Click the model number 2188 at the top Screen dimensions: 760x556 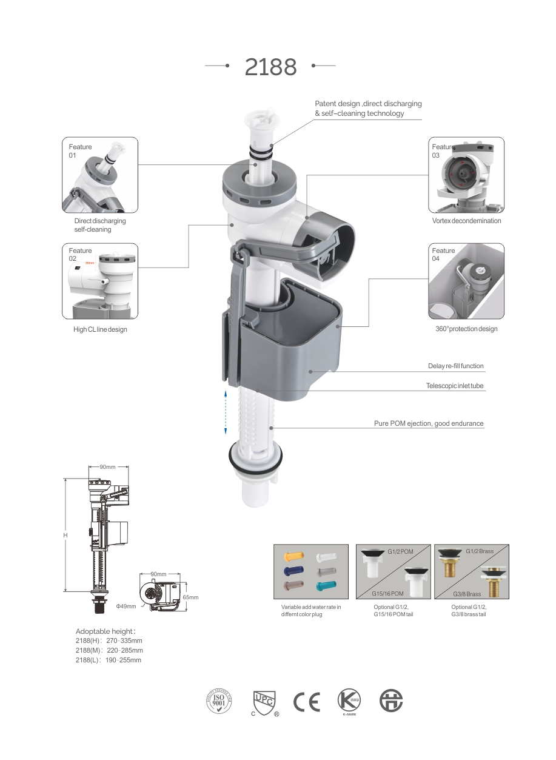coord(270,67)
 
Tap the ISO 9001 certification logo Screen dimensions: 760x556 coord(219,701)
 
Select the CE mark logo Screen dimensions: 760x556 coord(307,702)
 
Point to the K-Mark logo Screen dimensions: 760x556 coord(349,700)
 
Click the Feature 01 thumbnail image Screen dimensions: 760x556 coord(100,175)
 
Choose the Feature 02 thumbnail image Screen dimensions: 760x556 coord(100,281)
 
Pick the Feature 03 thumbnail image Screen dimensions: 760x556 coord(466,175)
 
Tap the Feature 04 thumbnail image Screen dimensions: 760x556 coord(466,281)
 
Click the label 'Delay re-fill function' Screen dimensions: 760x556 coord(456,366)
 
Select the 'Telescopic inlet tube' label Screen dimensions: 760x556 coord(455,386)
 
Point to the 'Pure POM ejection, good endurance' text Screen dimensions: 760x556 coord(429,423)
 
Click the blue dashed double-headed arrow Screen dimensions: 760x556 coord(226,412)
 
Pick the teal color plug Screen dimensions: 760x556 coord(326,586)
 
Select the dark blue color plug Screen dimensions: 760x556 coord(293,571)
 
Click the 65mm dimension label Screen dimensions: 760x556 coord(190,597)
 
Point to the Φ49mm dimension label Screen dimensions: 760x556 coord(126,606)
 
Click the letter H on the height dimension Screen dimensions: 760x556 coord(65,536)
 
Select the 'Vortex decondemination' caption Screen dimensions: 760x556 coord(466,221)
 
